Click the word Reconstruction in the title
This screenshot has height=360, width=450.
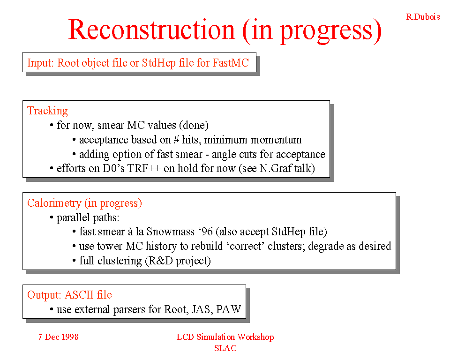click(151, 30)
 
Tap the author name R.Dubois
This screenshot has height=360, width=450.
click(423, 17)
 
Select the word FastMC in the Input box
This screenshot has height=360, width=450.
click(231, 63)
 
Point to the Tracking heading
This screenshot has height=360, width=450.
click(47, 111)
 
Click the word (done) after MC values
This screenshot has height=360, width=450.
click(194, 125)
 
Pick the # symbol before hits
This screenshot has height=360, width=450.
click(177, 140)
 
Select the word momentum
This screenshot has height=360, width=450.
click(276, 140)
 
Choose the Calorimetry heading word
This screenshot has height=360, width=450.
click(54, 203)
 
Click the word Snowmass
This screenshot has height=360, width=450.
click(171, 232)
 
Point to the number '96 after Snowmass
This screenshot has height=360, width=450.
click(205, 232)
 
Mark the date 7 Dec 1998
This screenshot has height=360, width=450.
click(59, 337)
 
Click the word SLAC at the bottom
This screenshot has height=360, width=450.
click(225, 348)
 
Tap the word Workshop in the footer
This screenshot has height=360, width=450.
click(255, 337)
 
